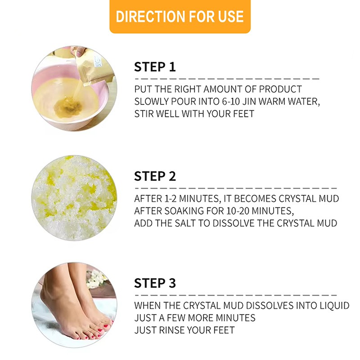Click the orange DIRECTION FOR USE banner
tap(180, 17)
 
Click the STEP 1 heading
tap(155, 67)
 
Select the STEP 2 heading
tap(155, 175)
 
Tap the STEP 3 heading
tap(155, 283)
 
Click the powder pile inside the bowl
tap(68, 106)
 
